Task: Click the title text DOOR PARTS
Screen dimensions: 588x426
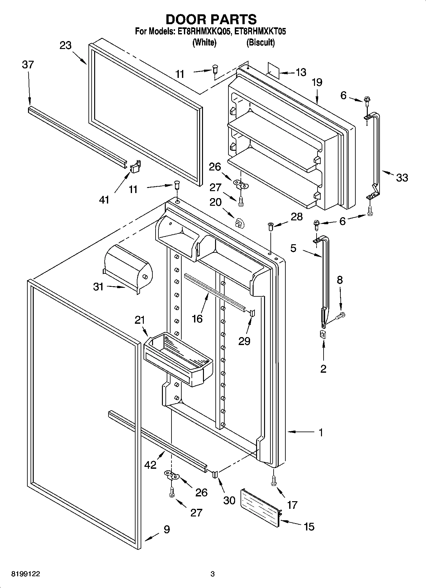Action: click(x=211, y=19)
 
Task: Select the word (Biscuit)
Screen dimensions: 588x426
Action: click(x=260, y=42)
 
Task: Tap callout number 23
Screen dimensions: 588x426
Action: click(x=66, y=45)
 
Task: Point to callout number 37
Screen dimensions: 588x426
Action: click(x=28, y=65)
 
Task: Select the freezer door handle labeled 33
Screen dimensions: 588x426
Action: click(x=377, y=149)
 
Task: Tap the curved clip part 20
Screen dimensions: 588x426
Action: click(x=239, y=223)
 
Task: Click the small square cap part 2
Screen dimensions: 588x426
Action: click(x=323, y=334)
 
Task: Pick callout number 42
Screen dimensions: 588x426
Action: click(x=150, y=465)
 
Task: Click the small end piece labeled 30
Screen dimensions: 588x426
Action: click(x=214, y=475)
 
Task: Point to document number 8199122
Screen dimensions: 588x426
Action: click(x=26, y=574)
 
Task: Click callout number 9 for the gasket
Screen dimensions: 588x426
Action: click(x=166, y=529)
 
